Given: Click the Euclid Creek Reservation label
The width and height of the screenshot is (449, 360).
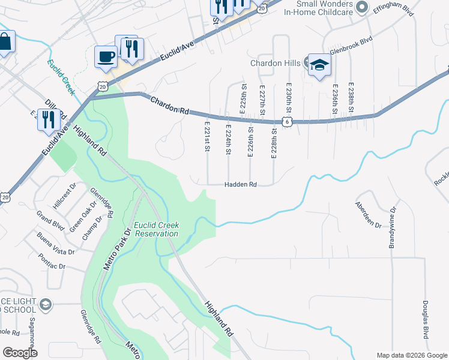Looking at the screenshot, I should click(156, 229).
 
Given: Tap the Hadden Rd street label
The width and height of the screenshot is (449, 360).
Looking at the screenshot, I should click(241, 185).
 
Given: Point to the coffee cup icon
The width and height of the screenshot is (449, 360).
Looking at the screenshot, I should click(106, 57).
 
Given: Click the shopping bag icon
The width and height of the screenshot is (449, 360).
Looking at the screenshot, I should click(5, 42).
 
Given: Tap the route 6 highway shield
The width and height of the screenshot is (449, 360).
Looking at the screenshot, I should click(288, 122).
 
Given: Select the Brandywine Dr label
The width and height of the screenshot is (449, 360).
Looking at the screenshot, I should click(393, 227).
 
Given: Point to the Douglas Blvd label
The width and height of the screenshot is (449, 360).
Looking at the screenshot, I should click(425, 319).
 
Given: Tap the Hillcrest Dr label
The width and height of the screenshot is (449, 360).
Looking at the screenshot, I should click(62, 196).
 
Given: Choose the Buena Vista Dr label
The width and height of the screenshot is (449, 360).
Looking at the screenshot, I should click(55, 243).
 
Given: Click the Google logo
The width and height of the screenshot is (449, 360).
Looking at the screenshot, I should click(20, 353).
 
